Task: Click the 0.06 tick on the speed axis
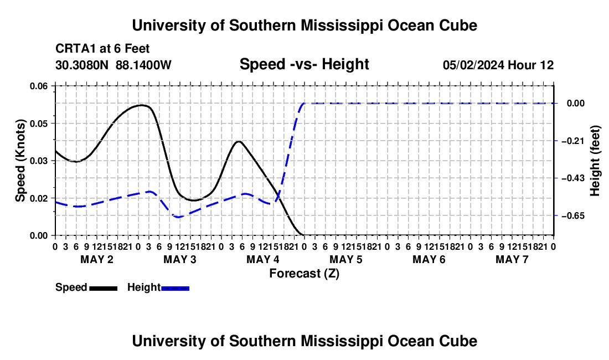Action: pos(38,86)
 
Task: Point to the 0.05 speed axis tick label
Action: pos(38,124)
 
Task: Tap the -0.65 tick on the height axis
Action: pos(573,215)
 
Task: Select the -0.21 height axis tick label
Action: pos(573,141)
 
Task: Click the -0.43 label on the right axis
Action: pos(573,178)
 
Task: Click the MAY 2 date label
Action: pos(97,259)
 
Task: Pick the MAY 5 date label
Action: pos(345,259)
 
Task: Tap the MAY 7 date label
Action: pos(512,259)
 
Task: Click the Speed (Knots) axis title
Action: pos(20,161)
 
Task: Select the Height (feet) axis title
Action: pos(595,161)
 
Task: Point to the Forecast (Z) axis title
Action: pos(304,274)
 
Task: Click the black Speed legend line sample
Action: pos(104,288)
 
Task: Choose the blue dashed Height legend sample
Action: pos(175,288)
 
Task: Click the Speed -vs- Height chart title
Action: pos(304,64)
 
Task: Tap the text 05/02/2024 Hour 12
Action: pos(498,65)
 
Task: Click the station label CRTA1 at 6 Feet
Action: pos(102,49)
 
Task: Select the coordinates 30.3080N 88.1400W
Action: pos(113,65)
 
